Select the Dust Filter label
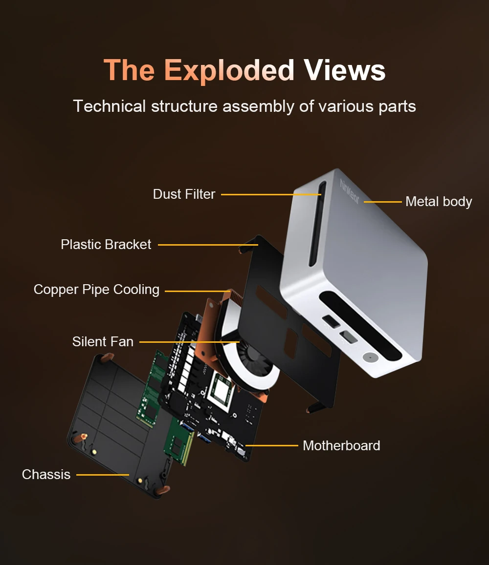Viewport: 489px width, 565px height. [x=184, y=194]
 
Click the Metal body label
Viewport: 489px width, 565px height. [x=439, y=201]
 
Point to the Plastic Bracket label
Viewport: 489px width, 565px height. [x=106, y=244]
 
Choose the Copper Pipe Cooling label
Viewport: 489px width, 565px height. [x=96, y=290]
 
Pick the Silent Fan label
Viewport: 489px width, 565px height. [x=103, y=341]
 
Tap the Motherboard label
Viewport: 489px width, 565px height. [x=341, y=445]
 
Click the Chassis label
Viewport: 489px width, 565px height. [x=46, y=474]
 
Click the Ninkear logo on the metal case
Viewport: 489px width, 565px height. [x=350, y=192]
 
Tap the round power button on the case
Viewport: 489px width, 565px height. [x=370, y=357]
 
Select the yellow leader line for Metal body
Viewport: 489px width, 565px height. [x=382, y=201]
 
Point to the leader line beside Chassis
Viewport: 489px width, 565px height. [x=103, y=474]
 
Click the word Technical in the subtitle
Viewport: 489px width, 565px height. [x=110, y=106]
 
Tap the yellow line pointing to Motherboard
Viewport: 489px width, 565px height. [x=271, y=445]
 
